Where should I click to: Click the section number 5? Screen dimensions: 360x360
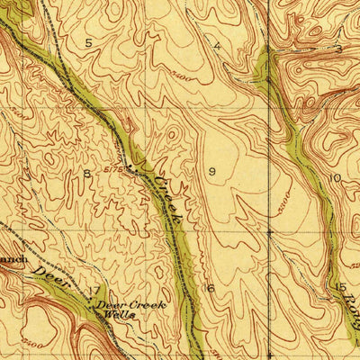coord(88,42)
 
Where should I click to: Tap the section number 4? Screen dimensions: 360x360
coord(217,44)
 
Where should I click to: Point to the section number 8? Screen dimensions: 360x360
coord(87,173)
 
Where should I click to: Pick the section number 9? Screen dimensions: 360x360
coord(212,171)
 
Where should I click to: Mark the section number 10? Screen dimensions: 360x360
coord(335,177)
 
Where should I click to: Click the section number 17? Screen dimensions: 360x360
coord(95,290)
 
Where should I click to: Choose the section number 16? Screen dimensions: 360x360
coord(210,288)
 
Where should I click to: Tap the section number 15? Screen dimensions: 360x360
coord(342,287)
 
